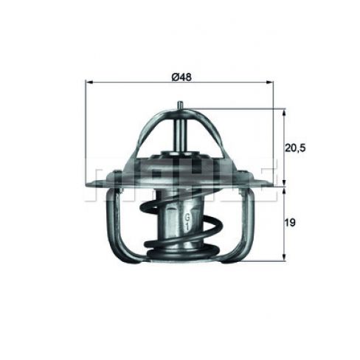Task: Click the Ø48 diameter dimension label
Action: pos(181,77)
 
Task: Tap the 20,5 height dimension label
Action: pos(295,148)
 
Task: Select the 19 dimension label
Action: pos(290,223)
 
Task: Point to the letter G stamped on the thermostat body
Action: pos(187,218)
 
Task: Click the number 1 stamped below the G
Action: pos(187,226)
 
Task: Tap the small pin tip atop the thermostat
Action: pos(180,104)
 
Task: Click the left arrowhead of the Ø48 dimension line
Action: pos(89,83)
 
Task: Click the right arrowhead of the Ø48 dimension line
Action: pos(269,83)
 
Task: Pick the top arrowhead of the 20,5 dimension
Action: pos(284,112)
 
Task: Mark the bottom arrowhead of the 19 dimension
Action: pos(284,257)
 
